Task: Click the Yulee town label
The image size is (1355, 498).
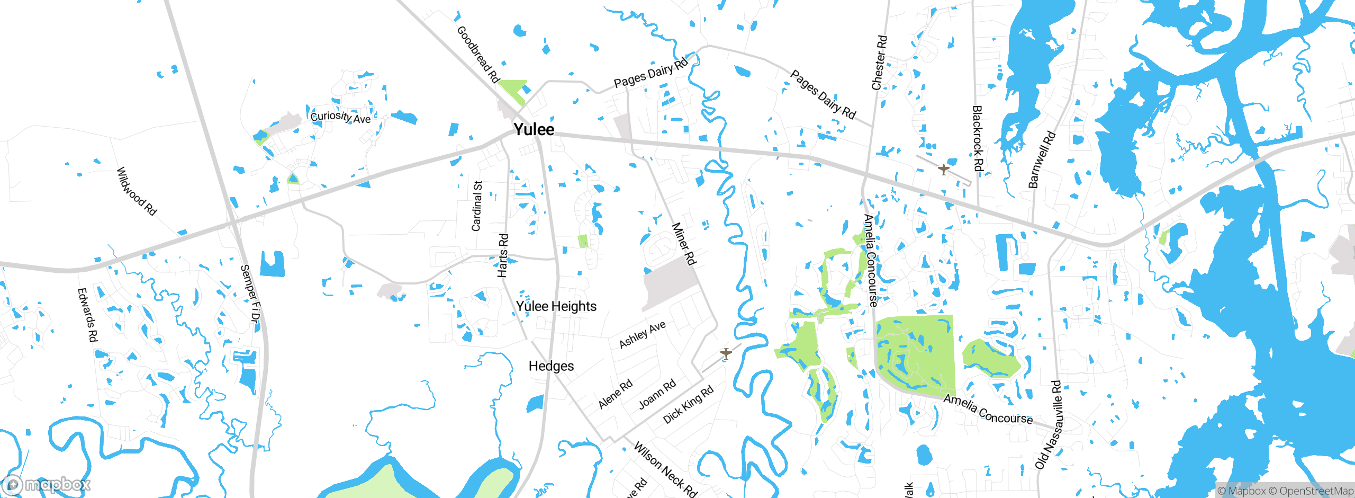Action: [534, 129]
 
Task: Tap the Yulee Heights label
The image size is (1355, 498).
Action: [556, 306]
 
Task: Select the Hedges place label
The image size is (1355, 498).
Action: [551, 366]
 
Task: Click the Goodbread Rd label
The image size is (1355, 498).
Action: [478, 55]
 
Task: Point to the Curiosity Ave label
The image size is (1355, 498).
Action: [340, 117]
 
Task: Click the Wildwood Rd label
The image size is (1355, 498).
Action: [137, 191]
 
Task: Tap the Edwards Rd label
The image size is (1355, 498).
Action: [88, 315]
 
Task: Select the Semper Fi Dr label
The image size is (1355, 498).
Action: [250, 294]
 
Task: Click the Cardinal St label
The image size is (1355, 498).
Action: [477, 206]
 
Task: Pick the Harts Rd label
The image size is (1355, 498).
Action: [503, 255]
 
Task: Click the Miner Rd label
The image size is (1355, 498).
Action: [684, 244]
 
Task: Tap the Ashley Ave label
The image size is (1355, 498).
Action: [642, 335]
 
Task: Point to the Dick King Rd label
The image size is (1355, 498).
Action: [688, 405]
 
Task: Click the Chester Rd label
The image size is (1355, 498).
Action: [879, 63]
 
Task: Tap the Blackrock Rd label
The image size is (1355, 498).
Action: [978, 138]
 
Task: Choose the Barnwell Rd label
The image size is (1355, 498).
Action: [1041, 160]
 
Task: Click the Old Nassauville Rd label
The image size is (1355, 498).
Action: [1049, 424]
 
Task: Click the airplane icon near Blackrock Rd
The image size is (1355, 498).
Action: [943, 170]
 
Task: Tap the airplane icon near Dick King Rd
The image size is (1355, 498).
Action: [726, 353]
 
